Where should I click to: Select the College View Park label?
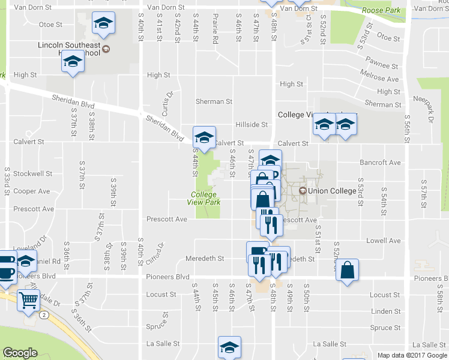click(x=206, y=199)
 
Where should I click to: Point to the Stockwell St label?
click(x=32, y=173)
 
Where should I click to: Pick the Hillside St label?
click(x=252, y=124)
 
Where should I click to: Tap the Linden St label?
click(x=385, y=311)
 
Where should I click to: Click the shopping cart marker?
click(x=29, y=299)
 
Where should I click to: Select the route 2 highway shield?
click(x=44, y=314)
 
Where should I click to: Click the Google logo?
click(x=20, y=353)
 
